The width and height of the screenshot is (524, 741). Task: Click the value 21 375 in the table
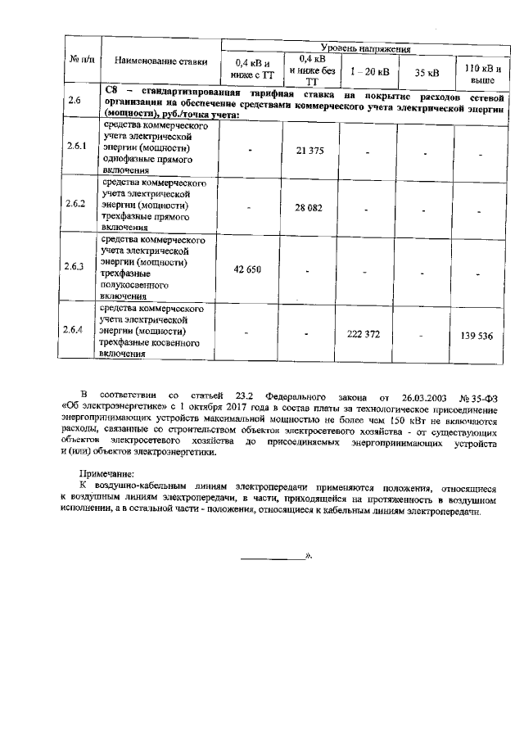[311, 152]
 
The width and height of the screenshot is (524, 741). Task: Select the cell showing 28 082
[311, 208]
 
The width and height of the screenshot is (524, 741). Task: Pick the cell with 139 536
[480, 336]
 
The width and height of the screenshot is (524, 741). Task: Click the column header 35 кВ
[427, 73]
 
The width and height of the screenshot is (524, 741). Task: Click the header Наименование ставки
[160, 61]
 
